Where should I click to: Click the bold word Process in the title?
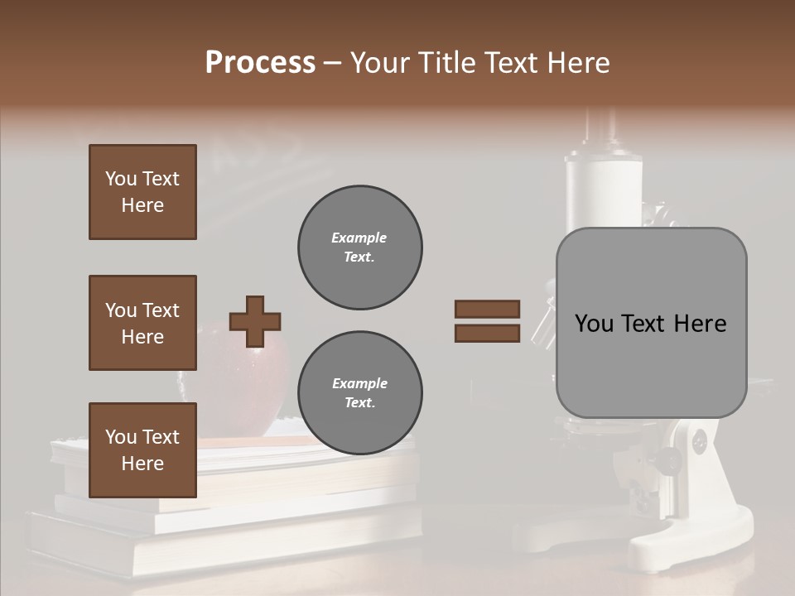coord(260,63)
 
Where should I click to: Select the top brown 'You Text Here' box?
coord(142,192)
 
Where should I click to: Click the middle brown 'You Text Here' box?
coord(142,323)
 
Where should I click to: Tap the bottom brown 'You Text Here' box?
coord(142,450)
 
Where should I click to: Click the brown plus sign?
coord(255,321)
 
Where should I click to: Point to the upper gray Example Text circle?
coord(359,248)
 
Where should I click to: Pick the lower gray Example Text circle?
coord(359,393)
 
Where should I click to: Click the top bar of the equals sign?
coord(487,309)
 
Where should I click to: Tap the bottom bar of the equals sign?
coord(487,333)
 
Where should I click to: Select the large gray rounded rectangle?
coord(651,323)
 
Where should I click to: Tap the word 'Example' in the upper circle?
coord(359,238)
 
